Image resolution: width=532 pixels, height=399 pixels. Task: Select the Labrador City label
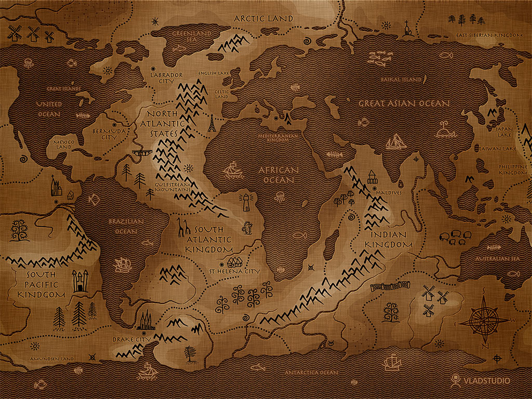coord(166,78)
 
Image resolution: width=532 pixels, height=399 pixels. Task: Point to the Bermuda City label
coord(108,135)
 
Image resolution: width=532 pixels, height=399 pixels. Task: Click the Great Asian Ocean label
coord(404,103)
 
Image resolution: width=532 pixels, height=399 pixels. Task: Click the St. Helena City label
coord(234,271)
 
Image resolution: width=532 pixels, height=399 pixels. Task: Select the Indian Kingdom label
coord(388,240)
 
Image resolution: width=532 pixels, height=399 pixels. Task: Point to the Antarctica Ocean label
coord(311,373)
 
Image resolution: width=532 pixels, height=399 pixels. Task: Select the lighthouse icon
coord(244,204)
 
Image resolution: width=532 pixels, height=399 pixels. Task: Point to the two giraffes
coord(182,227)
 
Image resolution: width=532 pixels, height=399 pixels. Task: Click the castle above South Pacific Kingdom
coord(79,281)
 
